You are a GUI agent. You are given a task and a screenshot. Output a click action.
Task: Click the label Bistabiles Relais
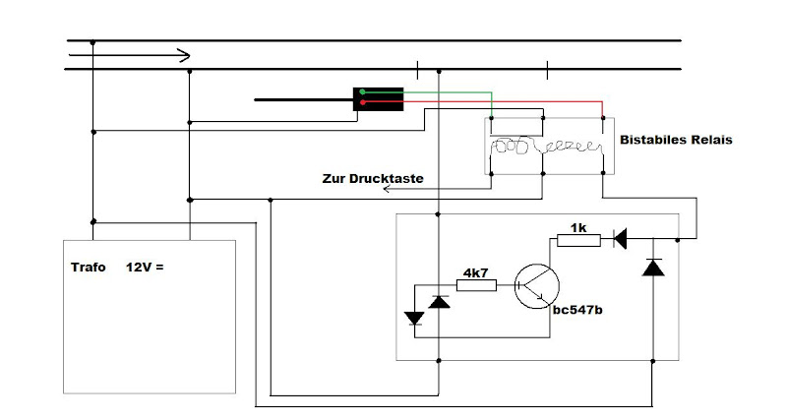point(676,141)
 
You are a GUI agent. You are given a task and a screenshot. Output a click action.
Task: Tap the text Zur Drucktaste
point(373,180)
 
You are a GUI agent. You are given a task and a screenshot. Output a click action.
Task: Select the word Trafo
point(88,268)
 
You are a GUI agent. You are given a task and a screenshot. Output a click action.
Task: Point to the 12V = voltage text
point(144,268)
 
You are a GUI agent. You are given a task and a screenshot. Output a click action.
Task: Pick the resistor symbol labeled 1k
point(579,239)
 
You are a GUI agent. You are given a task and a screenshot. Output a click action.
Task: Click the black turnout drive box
point(379,98)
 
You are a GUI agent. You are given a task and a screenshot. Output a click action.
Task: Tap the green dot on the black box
point(362,91)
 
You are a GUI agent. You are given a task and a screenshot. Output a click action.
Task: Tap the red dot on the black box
point(362,102)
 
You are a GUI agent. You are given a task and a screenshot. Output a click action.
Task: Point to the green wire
point(443,91)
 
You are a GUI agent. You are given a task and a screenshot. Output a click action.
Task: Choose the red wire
point(492,101)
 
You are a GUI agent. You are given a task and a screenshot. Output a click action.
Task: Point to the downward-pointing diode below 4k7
point(414,318)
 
